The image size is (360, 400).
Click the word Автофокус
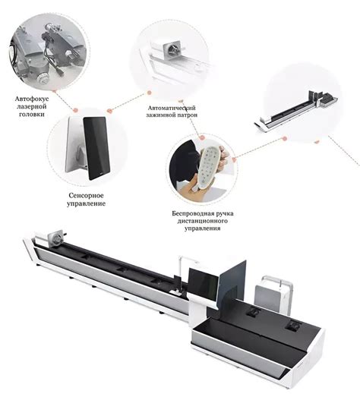[32, 99]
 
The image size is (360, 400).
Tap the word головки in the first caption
[32, 114]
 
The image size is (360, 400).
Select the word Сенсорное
[86, 196]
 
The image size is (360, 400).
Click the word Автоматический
[172, 108]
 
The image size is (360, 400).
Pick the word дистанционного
[203, 221]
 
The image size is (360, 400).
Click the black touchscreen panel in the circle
[96, 148]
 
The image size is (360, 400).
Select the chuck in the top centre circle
[172, 49]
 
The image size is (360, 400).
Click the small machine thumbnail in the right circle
[296, 112]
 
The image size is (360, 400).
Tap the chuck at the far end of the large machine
[57, 238]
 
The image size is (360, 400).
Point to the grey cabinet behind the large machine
[273, 297]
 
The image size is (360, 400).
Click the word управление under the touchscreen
[86, 203]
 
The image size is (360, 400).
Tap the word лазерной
[32, 106]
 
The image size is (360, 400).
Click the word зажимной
[159, 115]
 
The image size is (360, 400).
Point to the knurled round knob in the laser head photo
[42, 77]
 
